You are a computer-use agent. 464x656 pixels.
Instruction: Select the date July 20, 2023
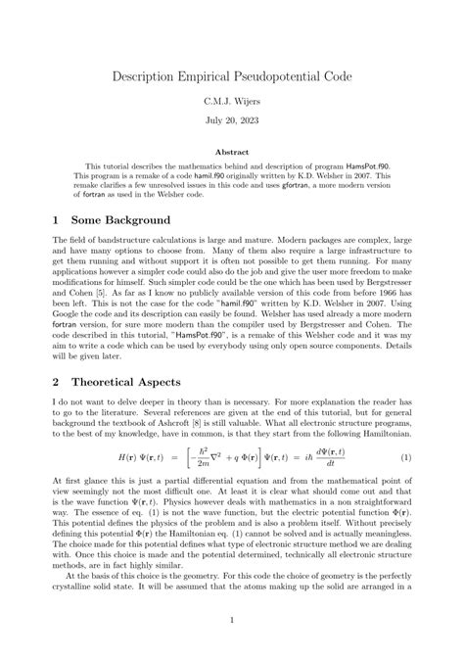click(x=231, y=125)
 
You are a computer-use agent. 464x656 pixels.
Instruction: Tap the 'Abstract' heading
click(x=231, y=154)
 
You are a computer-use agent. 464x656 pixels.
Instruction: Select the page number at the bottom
click(x=231, y=620)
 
